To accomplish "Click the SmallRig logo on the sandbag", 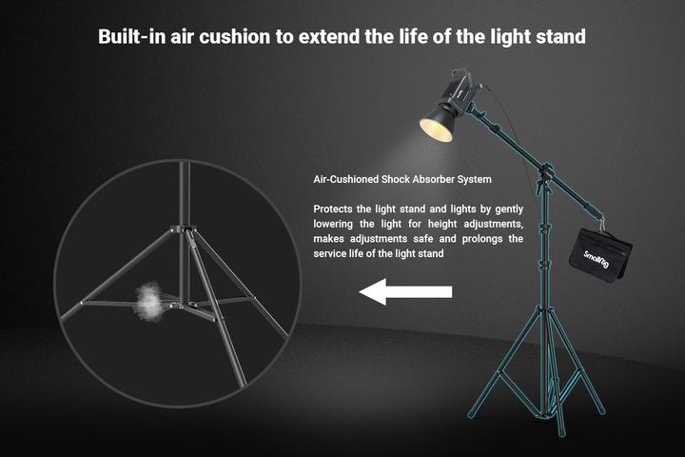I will pos(597,257).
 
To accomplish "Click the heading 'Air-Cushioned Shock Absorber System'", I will pos(402,179).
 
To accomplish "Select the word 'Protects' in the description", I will pos(335,209).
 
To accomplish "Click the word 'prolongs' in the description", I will pos(495,239).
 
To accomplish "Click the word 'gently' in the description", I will pos(505,209).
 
